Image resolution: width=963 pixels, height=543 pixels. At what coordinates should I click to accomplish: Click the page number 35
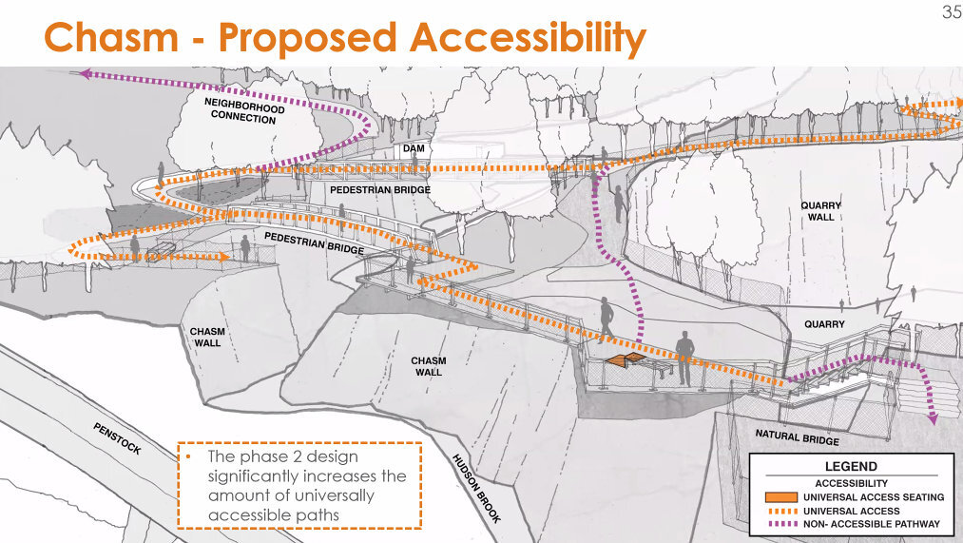tap(952, 11)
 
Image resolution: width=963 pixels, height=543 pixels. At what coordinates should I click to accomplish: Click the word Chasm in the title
tap(111, 37)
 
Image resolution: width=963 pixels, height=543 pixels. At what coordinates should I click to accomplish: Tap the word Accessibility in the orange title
tap(529, 39)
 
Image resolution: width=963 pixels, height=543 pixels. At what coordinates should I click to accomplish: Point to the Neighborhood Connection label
tap(243, 110)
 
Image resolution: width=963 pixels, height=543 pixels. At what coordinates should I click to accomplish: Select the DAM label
tap(414, 148)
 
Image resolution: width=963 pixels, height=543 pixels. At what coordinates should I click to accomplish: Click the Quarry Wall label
tap(820, 211)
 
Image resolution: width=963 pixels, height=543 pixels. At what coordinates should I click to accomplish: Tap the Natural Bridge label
tap(798, 436)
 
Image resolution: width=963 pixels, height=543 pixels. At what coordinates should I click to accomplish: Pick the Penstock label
tap(117, 438)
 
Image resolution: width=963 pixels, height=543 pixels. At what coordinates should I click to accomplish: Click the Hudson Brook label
tap(476, 489)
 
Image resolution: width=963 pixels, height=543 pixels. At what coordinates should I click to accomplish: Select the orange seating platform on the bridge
tap(626, 360)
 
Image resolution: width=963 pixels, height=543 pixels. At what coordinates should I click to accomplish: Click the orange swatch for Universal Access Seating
tap(781, 497)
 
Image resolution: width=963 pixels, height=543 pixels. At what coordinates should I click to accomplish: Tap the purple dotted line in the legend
tap(781, 524)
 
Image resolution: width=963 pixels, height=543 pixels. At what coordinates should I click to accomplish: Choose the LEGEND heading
tap(851, 466)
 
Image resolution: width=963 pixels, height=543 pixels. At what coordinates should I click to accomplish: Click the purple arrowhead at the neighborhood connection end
tap(86, 74)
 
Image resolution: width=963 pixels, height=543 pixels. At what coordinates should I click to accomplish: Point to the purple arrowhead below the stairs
tap(933, 419)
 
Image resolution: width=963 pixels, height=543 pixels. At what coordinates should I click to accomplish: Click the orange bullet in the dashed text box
tap(188, 457)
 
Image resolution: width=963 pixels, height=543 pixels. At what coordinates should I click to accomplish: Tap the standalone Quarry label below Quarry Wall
tap(824, 324)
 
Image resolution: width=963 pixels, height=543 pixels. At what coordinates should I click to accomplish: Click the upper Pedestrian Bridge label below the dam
tap(380, 190)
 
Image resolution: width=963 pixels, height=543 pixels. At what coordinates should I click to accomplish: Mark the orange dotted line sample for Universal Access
tap(781, 511)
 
